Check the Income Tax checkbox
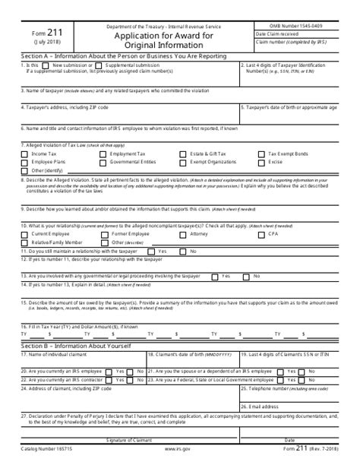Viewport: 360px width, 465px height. (25, 153)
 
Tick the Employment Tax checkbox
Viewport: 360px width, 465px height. (103, 153)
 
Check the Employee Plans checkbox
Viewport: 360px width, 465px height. (25, 162)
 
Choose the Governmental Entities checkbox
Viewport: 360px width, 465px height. (103, 162)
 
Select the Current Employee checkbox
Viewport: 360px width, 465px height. (25, 234)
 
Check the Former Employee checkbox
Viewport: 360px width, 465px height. (103, 234)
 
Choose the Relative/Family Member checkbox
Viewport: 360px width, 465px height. (25, 242)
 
